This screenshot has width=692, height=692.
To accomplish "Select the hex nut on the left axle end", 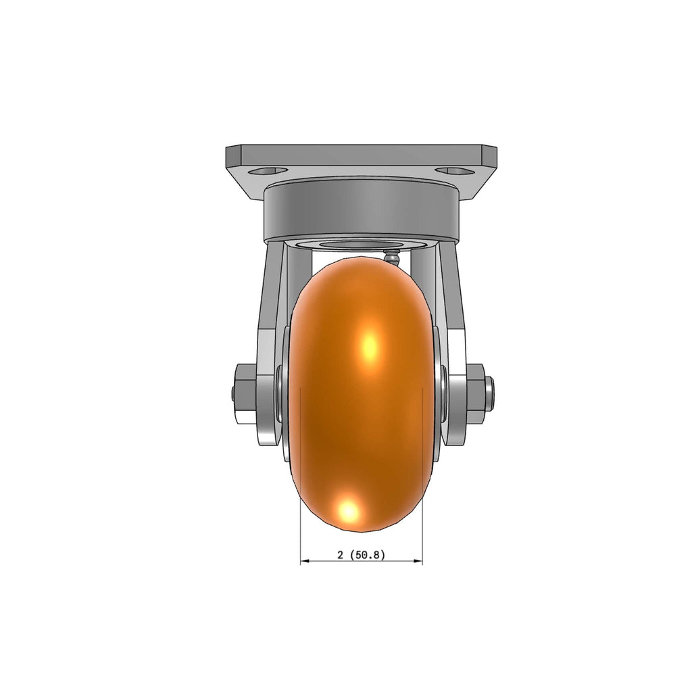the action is click(x=246, y=394).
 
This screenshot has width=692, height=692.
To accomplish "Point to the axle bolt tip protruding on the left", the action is click(x=233, y=394).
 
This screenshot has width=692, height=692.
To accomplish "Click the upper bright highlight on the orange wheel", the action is click(x=370, y=345).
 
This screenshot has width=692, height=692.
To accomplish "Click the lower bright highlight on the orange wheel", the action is click(x=349, y=511).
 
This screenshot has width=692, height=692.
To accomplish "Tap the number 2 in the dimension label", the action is click(x=340, y=555).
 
